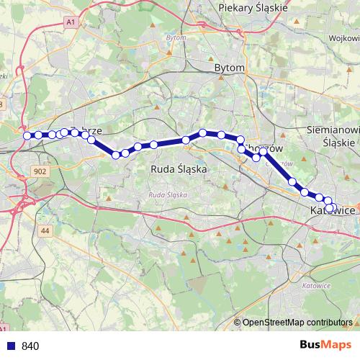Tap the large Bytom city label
point(230,67)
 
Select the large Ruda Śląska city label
point(178,168)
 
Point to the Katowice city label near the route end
point(333,211)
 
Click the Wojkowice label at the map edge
point(343,38)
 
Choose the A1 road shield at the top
point(70,23)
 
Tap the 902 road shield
point(40,171)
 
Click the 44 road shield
point(46,230)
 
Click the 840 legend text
point(30,346)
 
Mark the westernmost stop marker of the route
point(27,135)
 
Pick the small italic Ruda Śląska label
point(167,195)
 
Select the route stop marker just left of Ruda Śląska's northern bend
point(186,140)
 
